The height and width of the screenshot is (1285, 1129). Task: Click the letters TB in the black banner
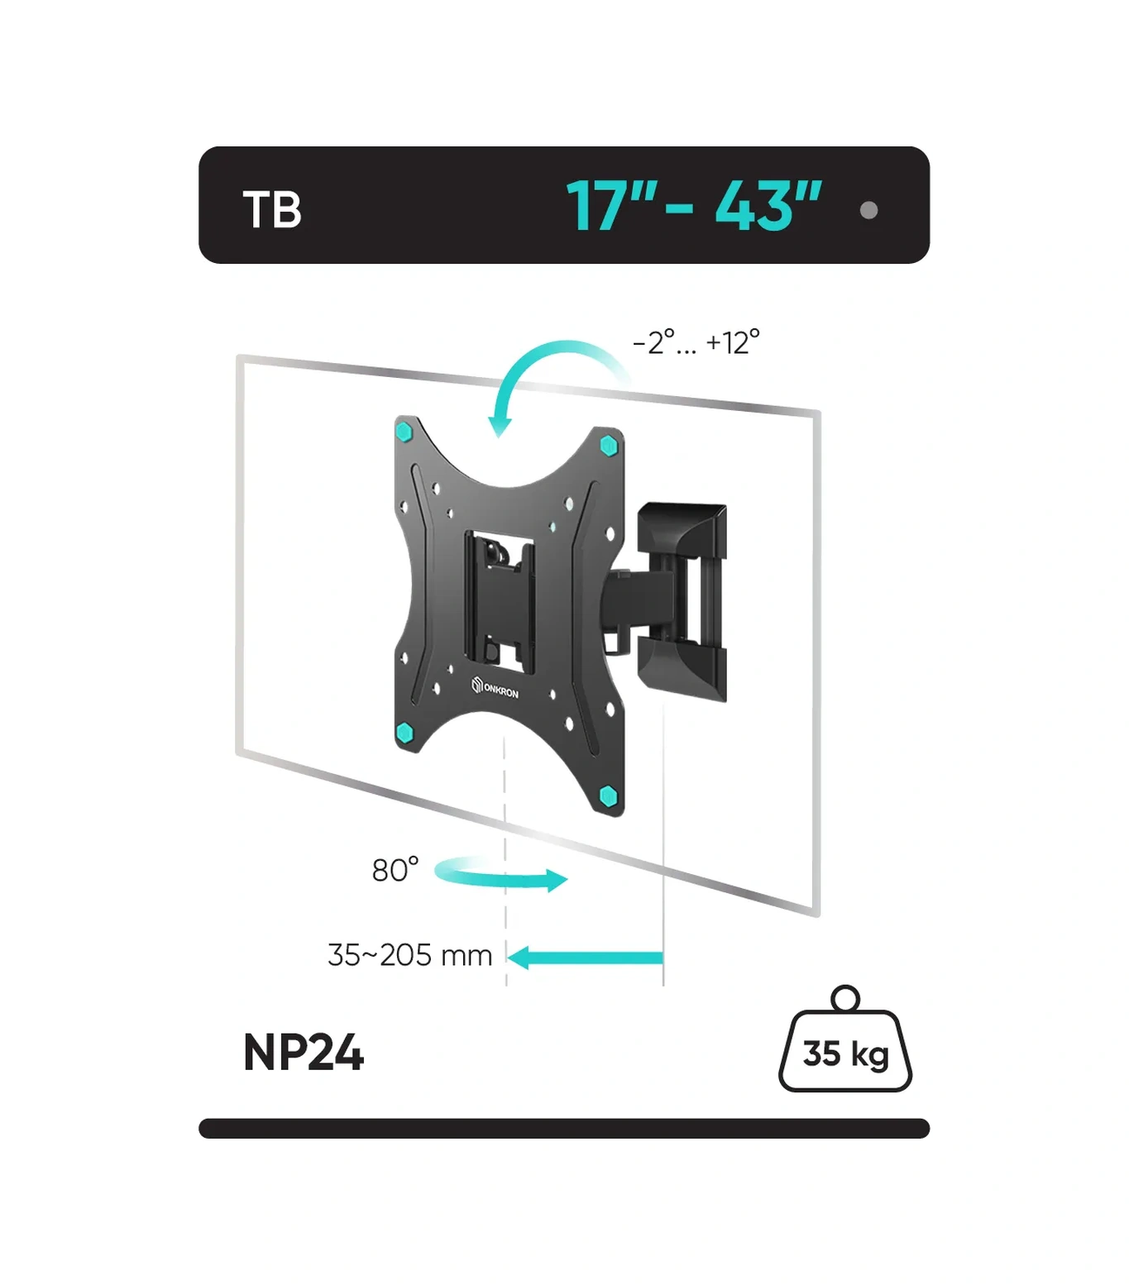tap(272, 210)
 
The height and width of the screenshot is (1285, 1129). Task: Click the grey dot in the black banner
tap(868, 210)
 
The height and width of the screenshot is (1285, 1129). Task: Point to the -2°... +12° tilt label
tap(696, 342)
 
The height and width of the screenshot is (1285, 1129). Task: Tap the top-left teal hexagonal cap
tap(404, 432)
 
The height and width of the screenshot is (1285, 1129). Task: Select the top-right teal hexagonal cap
tap(610, 446)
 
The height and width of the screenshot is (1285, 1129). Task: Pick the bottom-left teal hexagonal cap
tap(404, 733)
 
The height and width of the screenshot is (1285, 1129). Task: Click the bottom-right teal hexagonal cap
tap(609, 796)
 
